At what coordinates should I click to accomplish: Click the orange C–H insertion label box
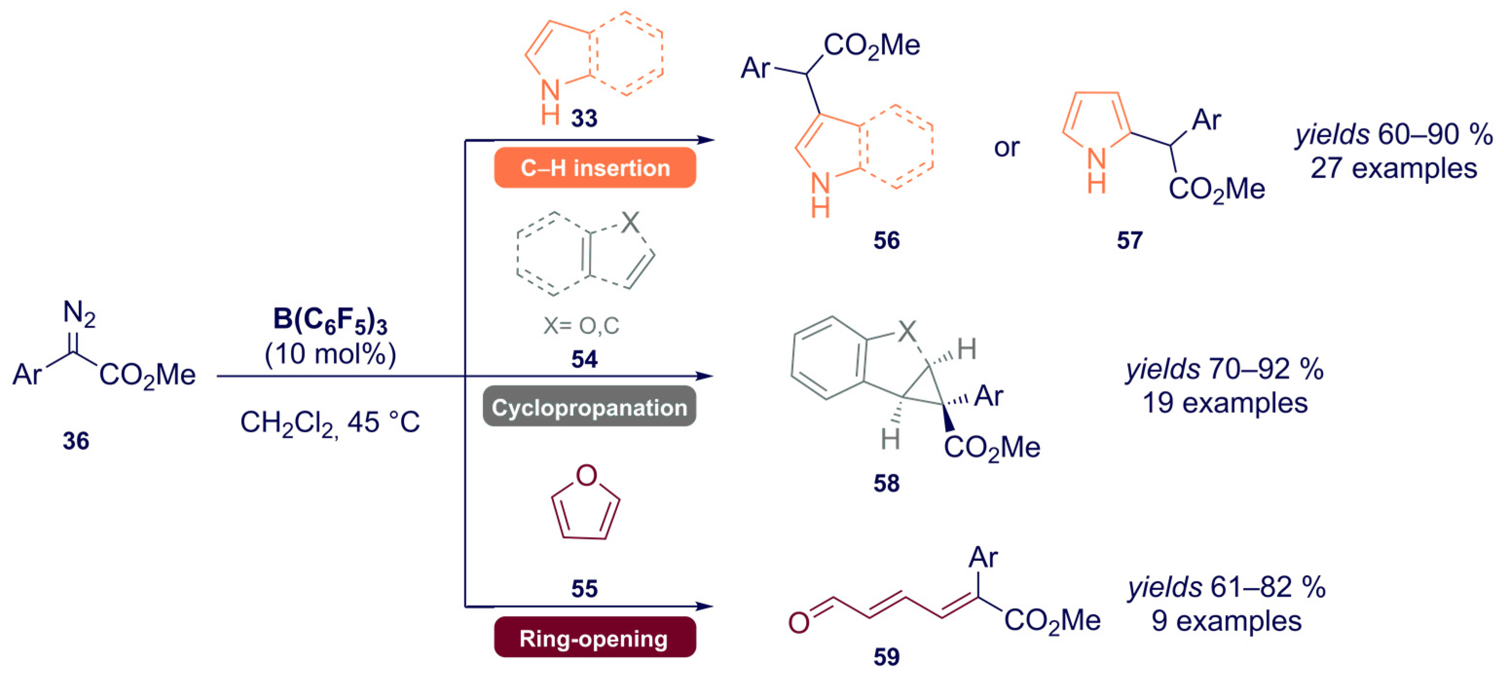594,168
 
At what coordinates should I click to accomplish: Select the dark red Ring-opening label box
594,638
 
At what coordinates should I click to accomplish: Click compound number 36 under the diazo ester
76,441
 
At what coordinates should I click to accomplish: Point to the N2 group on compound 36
78,314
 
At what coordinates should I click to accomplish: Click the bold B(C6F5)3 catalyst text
330,321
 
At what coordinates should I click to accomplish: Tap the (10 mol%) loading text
330,354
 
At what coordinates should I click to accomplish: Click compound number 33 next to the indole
584,119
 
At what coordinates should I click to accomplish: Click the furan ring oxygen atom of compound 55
586,475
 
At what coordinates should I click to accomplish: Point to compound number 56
886,240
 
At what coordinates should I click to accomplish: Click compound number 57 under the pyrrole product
1129,240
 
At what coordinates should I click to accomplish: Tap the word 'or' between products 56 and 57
1007,147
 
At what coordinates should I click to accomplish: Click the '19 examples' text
1224,403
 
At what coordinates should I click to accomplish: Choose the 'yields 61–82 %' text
1226,587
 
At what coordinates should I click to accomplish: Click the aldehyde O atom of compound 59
799,623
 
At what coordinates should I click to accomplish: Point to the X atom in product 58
906,332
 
